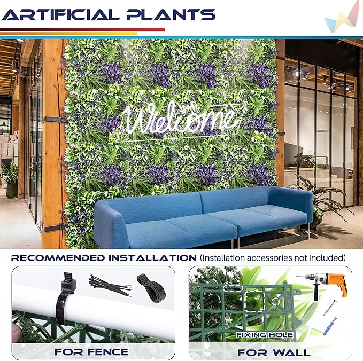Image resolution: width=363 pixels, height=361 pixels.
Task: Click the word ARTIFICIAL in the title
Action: tap(61, 15)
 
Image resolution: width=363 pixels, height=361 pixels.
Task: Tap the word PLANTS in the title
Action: tap(171, 15)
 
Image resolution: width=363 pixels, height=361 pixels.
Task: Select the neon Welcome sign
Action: tap(181, 121)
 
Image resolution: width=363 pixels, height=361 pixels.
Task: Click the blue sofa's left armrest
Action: tap(111, 222)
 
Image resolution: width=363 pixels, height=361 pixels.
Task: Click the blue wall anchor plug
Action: tap(330, 326)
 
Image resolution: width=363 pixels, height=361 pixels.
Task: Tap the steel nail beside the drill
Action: tap(330, 308)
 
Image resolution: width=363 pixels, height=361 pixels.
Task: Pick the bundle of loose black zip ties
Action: tap(110, 285)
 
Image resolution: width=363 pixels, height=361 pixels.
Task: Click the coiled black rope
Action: tap(151, 288)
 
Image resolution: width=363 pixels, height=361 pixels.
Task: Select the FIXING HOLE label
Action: tap(265, 335)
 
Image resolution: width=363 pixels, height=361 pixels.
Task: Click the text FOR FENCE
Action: tap(91, 352)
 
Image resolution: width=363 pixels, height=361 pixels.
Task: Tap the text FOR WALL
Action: tap(274, 352)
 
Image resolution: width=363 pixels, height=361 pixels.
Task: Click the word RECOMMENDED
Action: tap(58, 258)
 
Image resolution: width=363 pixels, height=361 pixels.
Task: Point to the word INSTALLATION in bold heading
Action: tap(152, 258)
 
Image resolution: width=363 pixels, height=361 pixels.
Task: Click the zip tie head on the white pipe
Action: tap(68, 284)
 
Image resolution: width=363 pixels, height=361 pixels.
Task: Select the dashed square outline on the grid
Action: tap(255, 302)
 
